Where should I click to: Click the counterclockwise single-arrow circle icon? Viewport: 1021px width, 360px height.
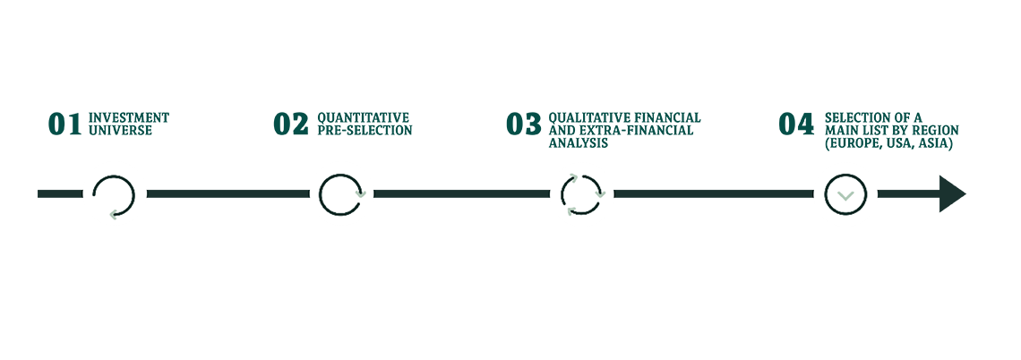[115, 193]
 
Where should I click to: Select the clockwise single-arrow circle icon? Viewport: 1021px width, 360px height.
[343, 194]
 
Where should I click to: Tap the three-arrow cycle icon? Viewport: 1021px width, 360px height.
[583, 194]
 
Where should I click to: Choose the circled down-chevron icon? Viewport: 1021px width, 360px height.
[840, 194]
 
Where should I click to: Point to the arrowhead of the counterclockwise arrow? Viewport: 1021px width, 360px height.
[112, 214]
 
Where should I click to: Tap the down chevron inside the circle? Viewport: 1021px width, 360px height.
[840, 196]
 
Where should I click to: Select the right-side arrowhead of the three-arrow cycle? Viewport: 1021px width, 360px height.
[601, 192]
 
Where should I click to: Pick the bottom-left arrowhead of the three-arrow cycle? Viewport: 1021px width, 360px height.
[571, 210]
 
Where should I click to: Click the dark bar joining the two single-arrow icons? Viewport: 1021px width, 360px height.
[227, 193]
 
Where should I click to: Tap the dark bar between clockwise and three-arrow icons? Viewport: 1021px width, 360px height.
[462, 193]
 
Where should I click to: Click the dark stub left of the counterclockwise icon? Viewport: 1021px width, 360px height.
[52, 193]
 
